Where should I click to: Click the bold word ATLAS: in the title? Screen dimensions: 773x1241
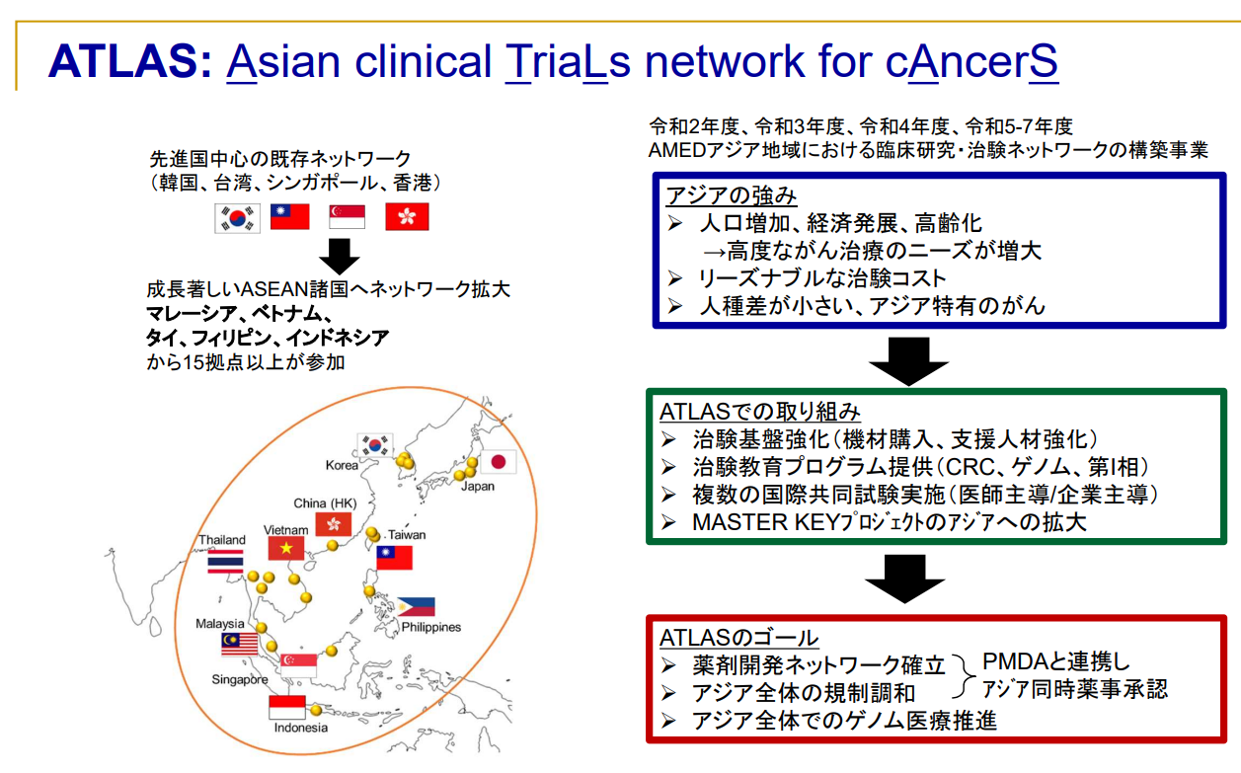pos(129,61)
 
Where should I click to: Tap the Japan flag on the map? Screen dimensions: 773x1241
pos(498,462)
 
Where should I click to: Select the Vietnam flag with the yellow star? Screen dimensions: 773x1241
pos(287,549)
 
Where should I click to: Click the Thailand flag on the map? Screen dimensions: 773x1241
pos(226,562)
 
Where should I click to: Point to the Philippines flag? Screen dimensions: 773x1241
pos(415,607)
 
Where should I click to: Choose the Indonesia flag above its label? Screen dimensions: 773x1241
pos(287,707)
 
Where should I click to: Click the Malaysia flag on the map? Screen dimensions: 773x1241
pos(240,645)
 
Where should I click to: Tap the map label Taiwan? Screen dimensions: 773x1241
pos(407,534)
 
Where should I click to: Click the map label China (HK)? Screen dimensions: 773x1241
pos(325,503)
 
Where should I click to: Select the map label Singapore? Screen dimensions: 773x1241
pos(239,680)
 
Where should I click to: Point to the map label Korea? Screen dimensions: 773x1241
pos(342,465)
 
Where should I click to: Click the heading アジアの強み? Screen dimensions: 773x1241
pos(732,195)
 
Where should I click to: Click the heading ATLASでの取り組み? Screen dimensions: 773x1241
pos(760,411)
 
